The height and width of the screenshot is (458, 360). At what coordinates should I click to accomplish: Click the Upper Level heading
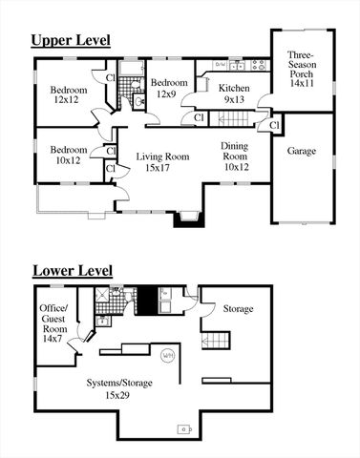tap(70, 40)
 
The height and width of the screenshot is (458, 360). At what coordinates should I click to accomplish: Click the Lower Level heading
tap(72, 271)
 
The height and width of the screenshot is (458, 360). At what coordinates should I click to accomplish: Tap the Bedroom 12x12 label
tap(69, 95)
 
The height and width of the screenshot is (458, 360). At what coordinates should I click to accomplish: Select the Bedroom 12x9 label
tap(166, 88)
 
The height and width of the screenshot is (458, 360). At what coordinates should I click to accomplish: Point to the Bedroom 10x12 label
tap(69, 156)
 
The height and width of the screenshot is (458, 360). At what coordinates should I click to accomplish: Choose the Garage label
tap(303, 151)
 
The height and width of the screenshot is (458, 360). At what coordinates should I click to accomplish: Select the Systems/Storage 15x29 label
tap(116, 388)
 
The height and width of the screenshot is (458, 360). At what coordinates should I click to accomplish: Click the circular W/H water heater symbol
tap(168, 354)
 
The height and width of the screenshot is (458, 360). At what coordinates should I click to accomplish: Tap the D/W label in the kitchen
tap(221, 65)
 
